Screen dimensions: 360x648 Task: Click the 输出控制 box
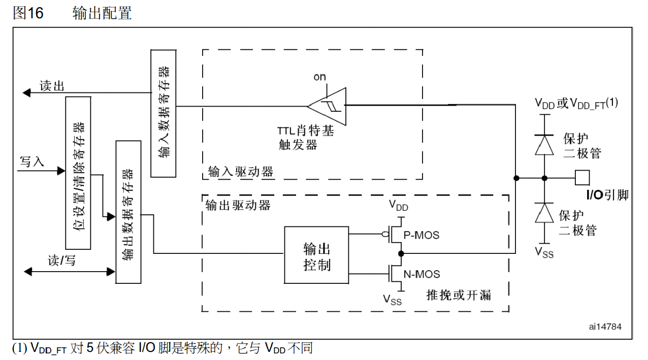coord(316,255)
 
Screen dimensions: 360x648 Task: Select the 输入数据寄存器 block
coord(164,113)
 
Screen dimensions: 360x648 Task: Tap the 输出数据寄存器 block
coord(128,212)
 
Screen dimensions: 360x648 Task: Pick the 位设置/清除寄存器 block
coord(78,173)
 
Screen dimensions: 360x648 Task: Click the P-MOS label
coord(421,236)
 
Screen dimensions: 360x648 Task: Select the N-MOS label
coord(421,274)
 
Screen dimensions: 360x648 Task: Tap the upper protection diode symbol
coord(545,145)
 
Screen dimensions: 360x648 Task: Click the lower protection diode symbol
coord(545,213)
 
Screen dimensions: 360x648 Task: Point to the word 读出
coord(52,86)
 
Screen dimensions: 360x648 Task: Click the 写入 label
coord(32,162)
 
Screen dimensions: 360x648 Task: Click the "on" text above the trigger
coord(319,77)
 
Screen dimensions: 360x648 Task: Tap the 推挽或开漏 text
coord(459,294)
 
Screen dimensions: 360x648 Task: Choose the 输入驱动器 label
coord(241,172)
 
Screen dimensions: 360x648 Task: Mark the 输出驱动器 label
coord(238,205)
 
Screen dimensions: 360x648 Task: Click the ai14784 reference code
coord(605,326)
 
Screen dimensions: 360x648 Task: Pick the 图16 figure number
coord(28,13)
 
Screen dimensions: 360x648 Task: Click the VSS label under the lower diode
coord(544,252)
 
